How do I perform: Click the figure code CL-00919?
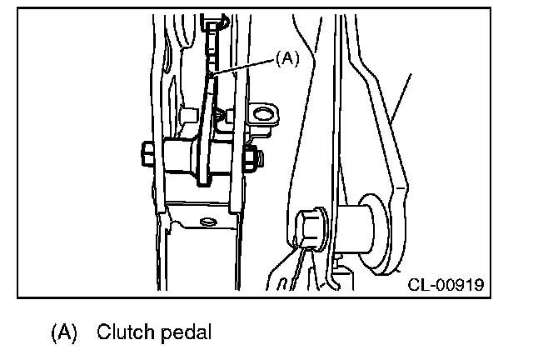pyautogui.click(x=445, y=285)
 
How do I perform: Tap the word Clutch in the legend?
pyautogui.click(x=123, y=332)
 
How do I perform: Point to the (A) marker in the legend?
pyautogui.click(x=64, y=332)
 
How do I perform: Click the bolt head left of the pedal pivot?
pyautogui.click(x=147, y=155)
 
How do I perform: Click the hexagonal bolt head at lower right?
pyautogui.click(x=309, y=225)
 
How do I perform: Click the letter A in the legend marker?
pyautogui.click(x=64, y=332)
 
